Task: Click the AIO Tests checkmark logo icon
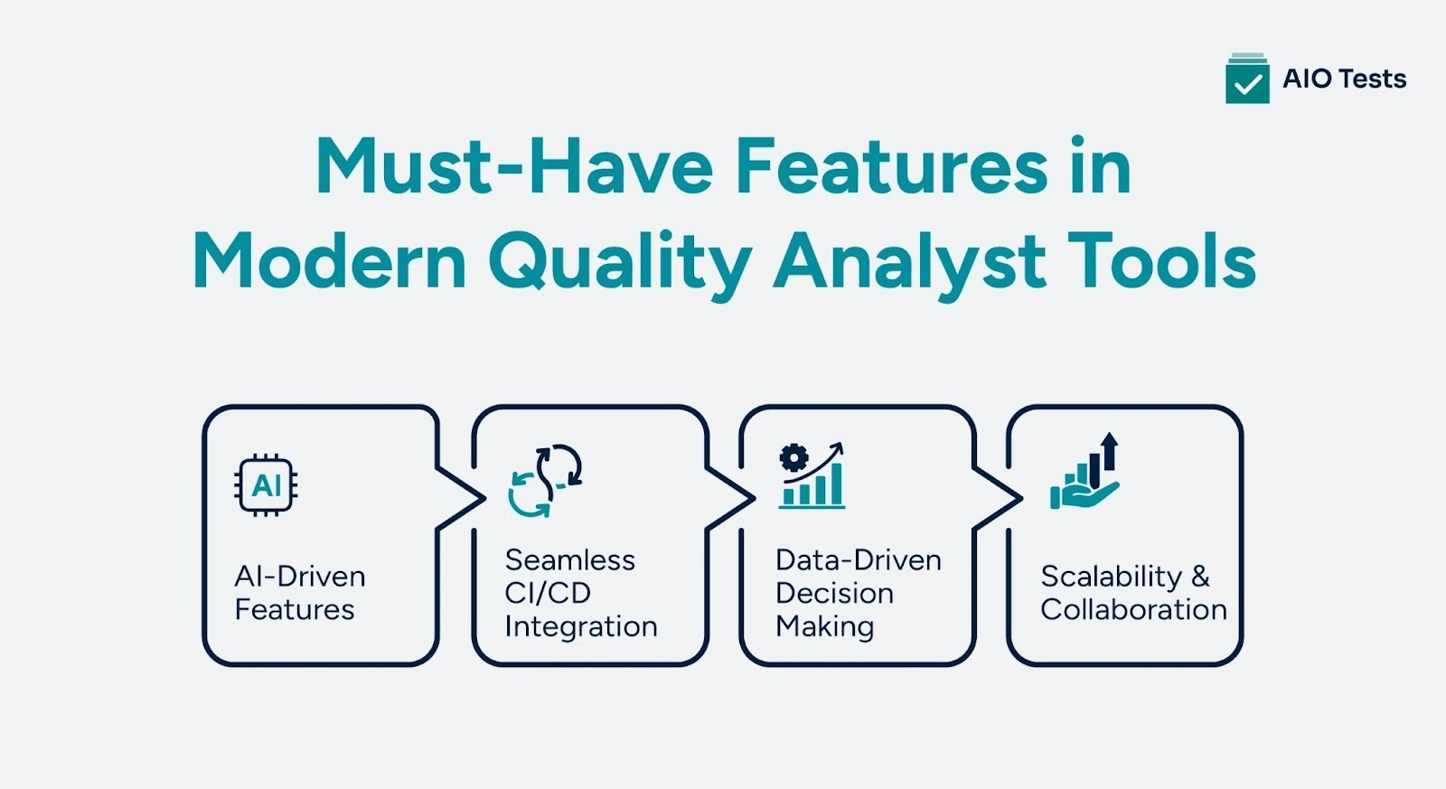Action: pyautogui.click(x=1247, y=80)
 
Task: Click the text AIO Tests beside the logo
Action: pyautogui.click(x=1344, y=80)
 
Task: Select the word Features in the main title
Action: pyautogui.click(x=891, y=167)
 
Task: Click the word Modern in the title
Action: pyautogui.click(x=329, y=261)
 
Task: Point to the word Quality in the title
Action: pyautogui.click(x=619, y=263)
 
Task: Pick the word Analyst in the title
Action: pyautogui.click(x=909, y=263)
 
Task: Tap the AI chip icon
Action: pyautogui.click(x=267, y=485)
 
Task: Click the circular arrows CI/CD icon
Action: pyautogui.click(x=545, y=480)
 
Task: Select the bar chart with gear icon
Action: pyautogui.click(x=812, y=476)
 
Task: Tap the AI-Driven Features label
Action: pyautogui.click(x=299, y=593)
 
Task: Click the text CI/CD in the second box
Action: pyautogui.click(x=548, y=593)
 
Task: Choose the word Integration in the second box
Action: pyautogui.click(x=580, y=626)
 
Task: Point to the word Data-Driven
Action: pyautogui.click(x=858, y=560)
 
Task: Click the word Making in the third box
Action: pyautogui.click(x=824, y=626)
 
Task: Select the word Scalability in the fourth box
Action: pyautogui.click(x=1111, y=577)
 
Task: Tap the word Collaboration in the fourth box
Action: pyautogui.click(x=1133, y=610)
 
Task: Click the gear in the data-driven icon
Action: pyautogui.click(x=793, y=458)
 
